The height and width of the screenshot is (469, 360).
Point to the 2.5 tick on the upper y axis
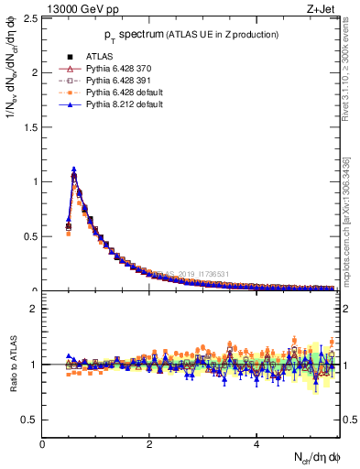click(x=32, y=18)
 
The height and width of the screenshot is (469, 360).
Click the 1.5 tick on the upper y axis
click(x=32, y=127)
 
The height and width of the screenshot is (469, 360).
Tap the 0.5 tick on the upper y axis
click(x=32, y=236)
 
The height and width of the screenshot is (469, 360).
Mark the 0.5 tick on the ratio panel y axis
click(x=32, y=420)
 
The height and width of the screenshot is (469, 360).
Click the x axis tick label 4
click(x=256, y=444)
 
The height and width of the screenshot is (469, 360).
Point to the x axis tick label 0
click(x=42, y=444)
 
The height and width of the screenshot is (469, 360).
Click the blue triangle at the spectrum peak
click(x=73, y=169)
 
